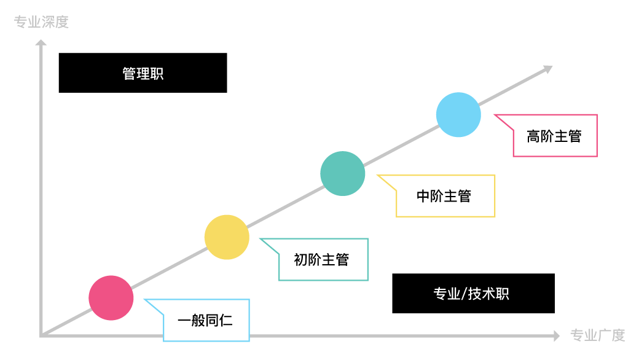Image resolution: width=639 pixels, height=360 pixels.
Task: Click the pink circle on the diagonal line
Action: (111, 298)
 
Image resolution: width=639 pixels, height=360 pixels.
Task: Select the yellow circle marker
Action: (227, 237)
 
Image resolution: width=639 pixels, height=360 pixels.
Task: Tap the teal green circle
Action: (343, 173)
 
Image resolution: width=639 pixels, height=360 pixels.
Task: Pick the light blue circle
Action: (458, 115)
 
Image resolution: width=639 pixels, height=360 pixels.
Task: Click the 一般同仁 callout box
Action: (206, 320)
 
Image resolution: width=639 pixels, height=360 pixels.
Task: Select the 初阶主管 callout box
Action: (323, 259)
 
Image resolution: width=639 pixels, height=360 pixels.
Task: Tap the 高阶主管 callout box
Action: (554, 136)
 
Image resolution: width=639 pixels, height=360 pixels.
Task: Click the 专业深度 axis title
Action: (41, 22)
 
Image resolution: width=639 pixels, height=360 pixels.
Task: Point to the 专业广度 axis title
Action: (598, 335)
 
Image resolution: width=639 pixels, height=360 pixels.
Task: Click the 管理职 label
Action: (143, 74)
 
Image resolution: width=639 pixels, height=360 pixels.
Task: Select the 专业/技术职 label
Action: (471, 294)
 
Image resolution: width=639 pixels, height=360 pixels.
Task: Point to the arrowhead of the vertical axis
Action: (41, 42)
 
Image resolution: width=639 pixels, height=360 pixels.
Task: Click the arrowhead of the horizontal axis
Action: (556, 335)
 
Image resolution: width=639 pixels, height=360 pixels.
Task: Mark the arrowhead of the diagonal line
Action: (547, 69)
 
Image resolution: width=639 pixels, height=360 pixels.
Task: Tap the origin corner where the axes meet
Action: (42, 335)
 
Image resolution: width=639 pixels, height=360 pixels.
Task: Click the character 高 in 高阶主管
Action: (533, 136)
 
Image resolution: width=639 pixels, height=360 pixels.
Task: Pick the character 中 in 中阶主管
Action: (423, 196)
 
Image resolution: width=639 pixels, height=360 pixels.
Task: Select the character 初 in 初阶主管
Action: (300, 260)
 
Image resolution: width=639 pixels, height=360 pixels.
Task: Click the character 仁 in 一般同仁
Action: (226, 320)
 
